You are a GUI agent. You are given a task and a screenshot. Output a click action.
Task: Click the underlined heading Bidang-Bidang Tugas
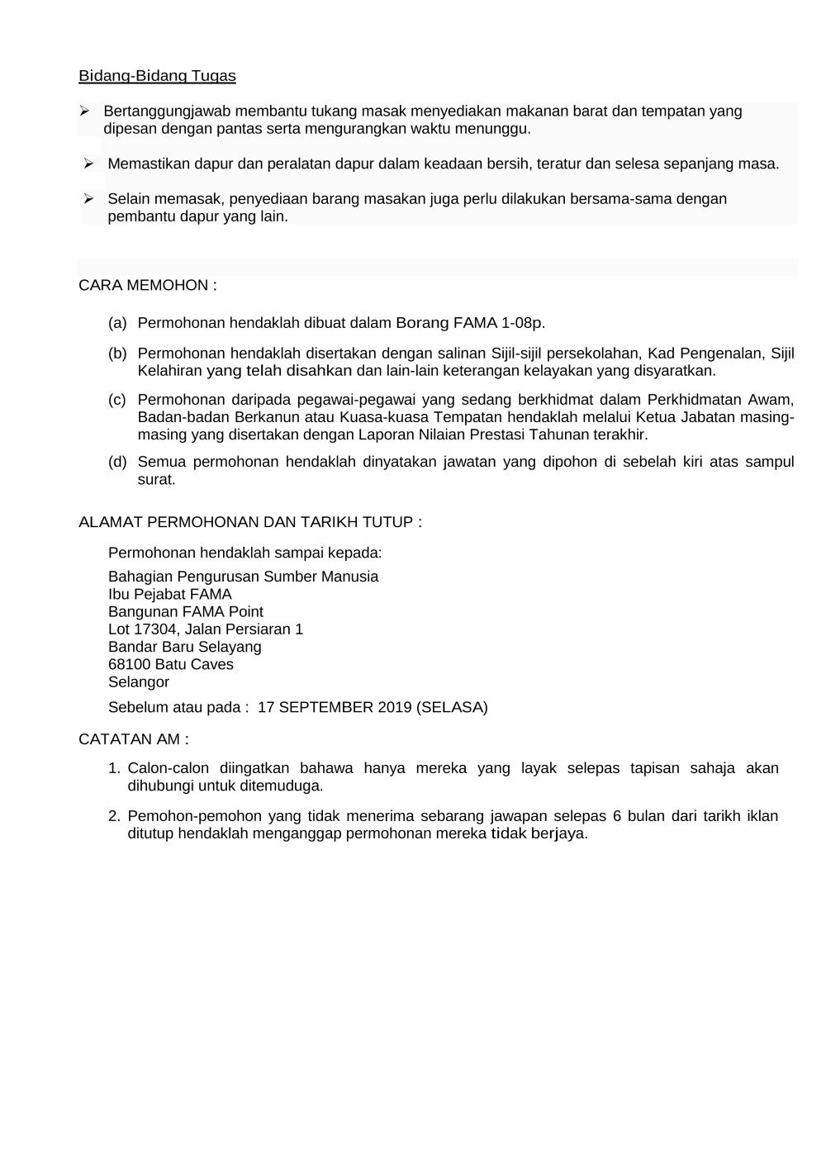click(157, 76)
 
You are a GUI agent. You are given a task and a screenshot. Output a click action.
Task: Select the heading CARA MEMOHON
click(147, 285)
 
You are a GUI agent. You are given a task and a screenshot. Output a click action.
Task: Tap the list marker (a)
click(117, 322)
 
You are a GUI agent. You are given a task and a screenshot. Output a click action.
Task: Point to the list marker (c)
click(117, 400)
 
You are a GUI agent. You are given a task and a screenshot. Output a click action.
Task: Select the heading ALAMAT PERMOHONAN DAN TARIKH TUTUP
click(249, 522)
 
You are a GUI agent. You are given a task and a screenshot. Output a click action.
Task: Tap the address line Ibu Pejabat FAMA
click(170, 594)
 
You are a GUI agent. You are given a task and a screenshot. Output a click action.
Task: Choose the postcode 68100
click(129, 664)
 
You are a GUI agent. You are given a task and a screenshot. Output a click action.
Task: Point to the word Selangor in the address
click(139, 681)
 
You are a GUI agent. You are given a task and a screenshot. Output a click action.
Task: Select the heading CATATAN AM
click(133, 738)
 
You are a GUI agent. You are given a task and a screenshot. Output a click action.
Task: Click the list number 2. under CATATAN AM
click(116, 816)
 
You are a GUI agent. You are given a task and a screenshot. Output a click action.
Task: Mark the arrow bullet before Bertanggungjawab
click(84, 111)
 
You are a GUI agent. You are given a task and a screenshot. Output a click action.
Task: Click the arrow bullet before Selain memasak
click(88, 198)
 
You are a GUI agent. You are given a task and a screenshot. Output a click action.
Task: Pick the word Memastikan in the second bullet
click(145, 164)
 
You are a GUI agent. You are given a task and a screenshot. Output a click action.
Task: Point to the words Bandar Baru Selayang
click(185, 647)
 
